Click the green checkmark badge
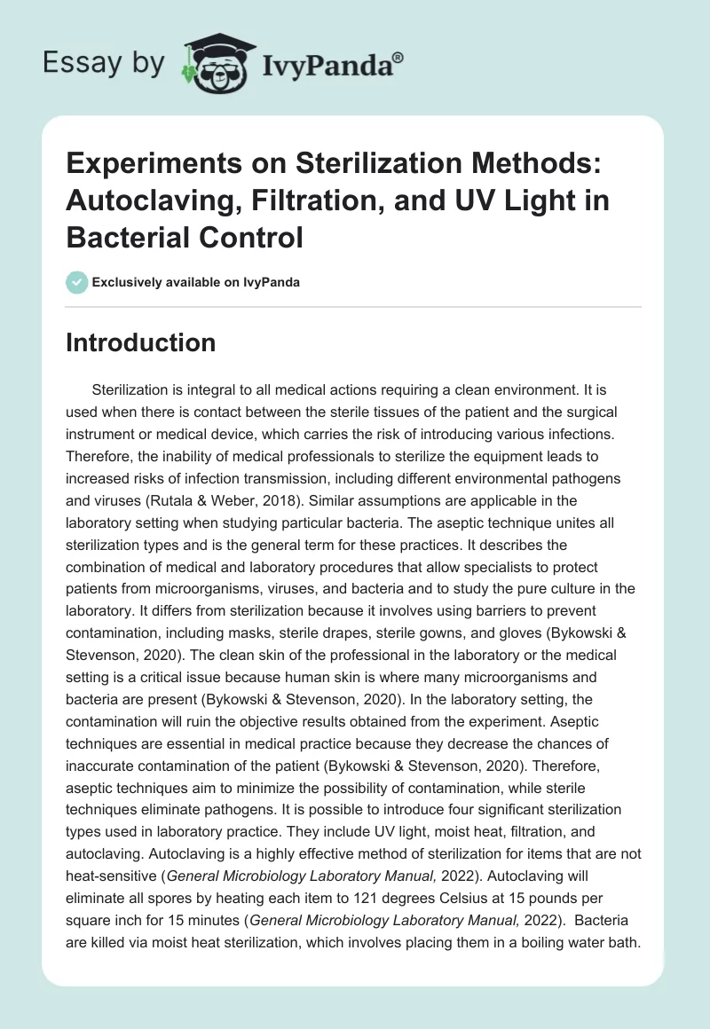point(77,282)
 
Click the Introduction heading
point(140,342)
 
